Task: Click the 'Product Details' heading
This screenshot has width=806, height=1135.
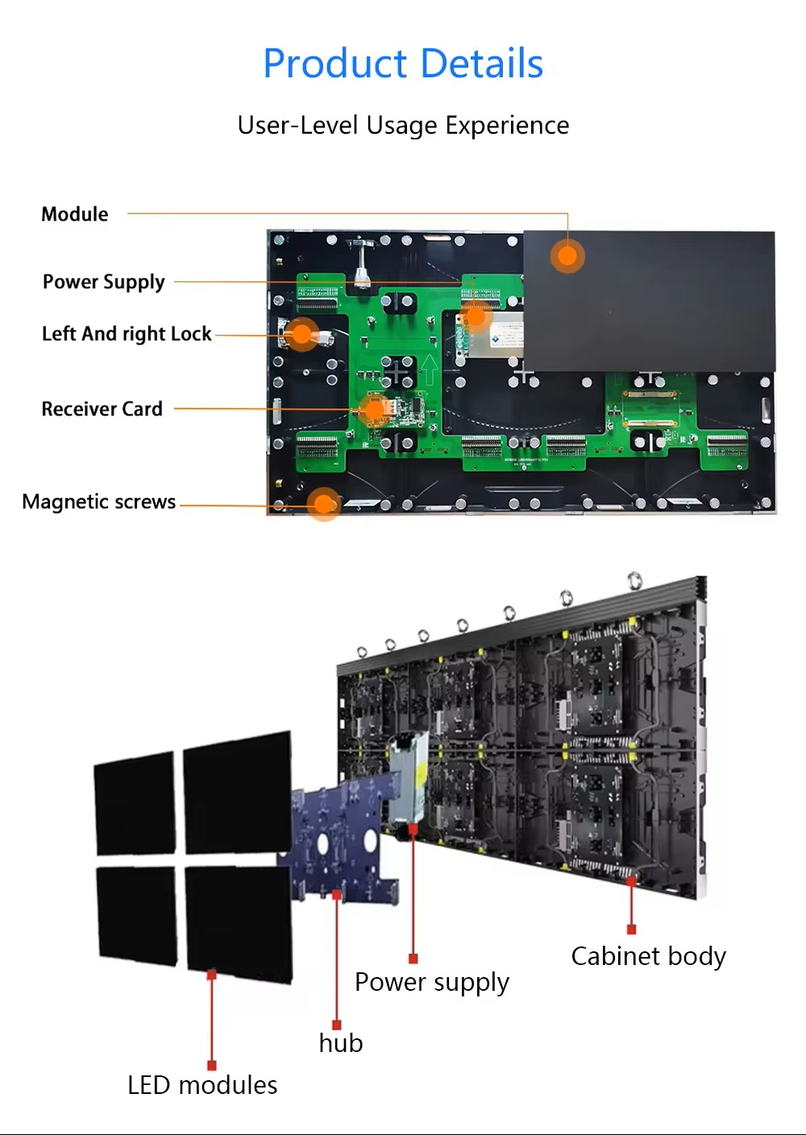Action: pyautogui.click(x=403, y=64)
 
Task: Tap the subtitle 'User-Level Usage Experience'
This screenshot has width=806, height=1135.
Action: pyautogui.click(x=403, y=126)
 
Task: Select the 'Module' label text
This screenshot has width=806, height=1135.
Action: pyautogui.click(x=75, y=214)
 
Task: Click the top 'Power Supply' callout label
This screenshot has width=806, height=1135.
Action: pyautogui.click(x=103, y=282)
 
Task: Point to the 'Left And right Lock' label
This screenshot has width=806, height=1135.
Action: pyautogui.click(x=127, y=334)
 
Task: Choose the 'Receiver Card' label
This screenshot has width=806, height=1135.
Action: pyautogui.click(x=102, y=409)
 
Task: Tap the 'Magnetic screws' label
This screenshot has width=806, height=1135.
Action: pyautogui.click(x=99, y=502)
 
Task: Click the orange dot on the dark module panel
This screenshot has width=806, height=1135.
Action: pyautogui.click(x=567, y=256)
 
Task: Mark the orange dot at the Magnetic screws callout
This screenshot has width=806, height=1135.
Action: pyautogui.click(x=324, y=504)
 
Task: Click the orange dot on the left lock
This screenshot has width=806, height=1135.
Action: pyautogui.click(x=302, y=334)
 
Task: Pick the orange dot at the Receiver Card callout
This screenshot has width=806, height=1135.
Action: pyautogui.click(x=375, y=410)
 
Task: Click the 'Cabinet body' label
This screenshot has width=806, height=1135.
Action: pyautogui.click(x=648, y=956)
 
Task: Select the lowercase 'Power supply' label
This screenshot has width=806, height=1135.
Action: pyautogui.click(x=432, y=983)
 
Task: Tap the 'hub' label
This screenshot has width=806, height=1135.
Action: pyautogui.click(x=341, y=1043)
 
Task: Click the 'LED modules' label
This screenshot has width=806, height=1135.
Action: pyautogui.click(x=202, y=1085)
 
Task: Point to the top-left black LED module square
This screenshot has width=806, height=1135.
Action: pyautogui.click(x=135, y=803)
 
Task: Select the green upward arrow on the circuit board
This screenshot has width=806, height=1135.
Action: pyautogui.click(x=429, y=370)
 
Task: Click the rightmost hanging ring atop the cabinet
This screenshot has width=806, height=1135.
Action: pyautogui.click(x=635, y=580)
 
